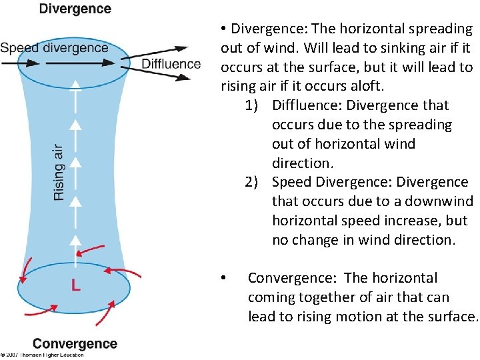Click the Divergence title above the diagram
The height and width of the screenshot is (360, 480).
[x=75, y=9]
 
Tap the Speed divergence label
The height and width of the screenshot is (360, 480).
[x=54, y=48]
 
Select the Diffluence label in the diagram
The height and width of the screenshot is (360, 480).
[x=171, y=64]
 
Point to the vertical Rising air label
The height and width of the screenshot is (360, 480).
[x=59, y=172]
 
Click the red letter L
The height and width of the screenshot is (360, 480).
[x=76, y=285]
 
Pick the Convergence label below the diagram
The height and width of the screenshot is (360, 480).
[x=75, y=344]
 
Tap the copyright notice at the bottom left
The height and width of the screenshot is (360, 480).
[x=42, y=355]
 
